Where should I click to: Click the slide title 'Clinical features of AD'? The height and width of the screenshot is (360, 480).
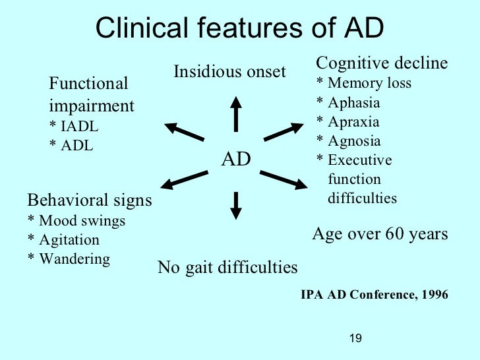click(x=239, y=28)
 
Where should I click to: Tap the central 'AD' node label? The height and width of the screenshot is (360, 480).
click(x=235, y=158)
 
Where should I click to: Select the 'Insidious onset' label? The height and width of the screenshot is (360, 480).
click(x=229, y=71)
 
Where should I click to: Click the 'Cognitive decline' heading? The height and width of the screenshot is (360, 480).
click(x=382, y=63)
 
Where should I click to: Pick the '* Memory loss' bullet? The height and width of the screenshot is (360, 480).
click(x=364, y=83)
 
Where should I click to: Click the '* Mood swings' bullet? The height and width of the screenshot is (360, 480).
click(x=76, y=221)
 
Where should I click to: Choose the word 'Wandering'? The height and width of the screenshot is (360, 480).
click(x=75, y=258)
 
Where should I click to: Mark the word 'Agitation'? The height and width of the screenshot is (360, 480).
click(x=69, y=240)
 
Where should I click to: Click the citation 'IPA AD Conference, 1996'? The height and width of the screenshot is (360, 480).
click(x=374, y=295)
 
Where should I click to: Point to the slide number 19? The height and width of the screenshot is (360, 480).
click(x=355, y=338)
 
